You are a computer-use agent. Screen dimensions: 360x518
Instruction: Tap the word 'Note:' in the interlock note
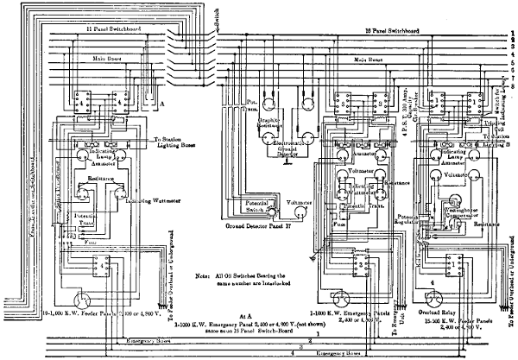(205, 274)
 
